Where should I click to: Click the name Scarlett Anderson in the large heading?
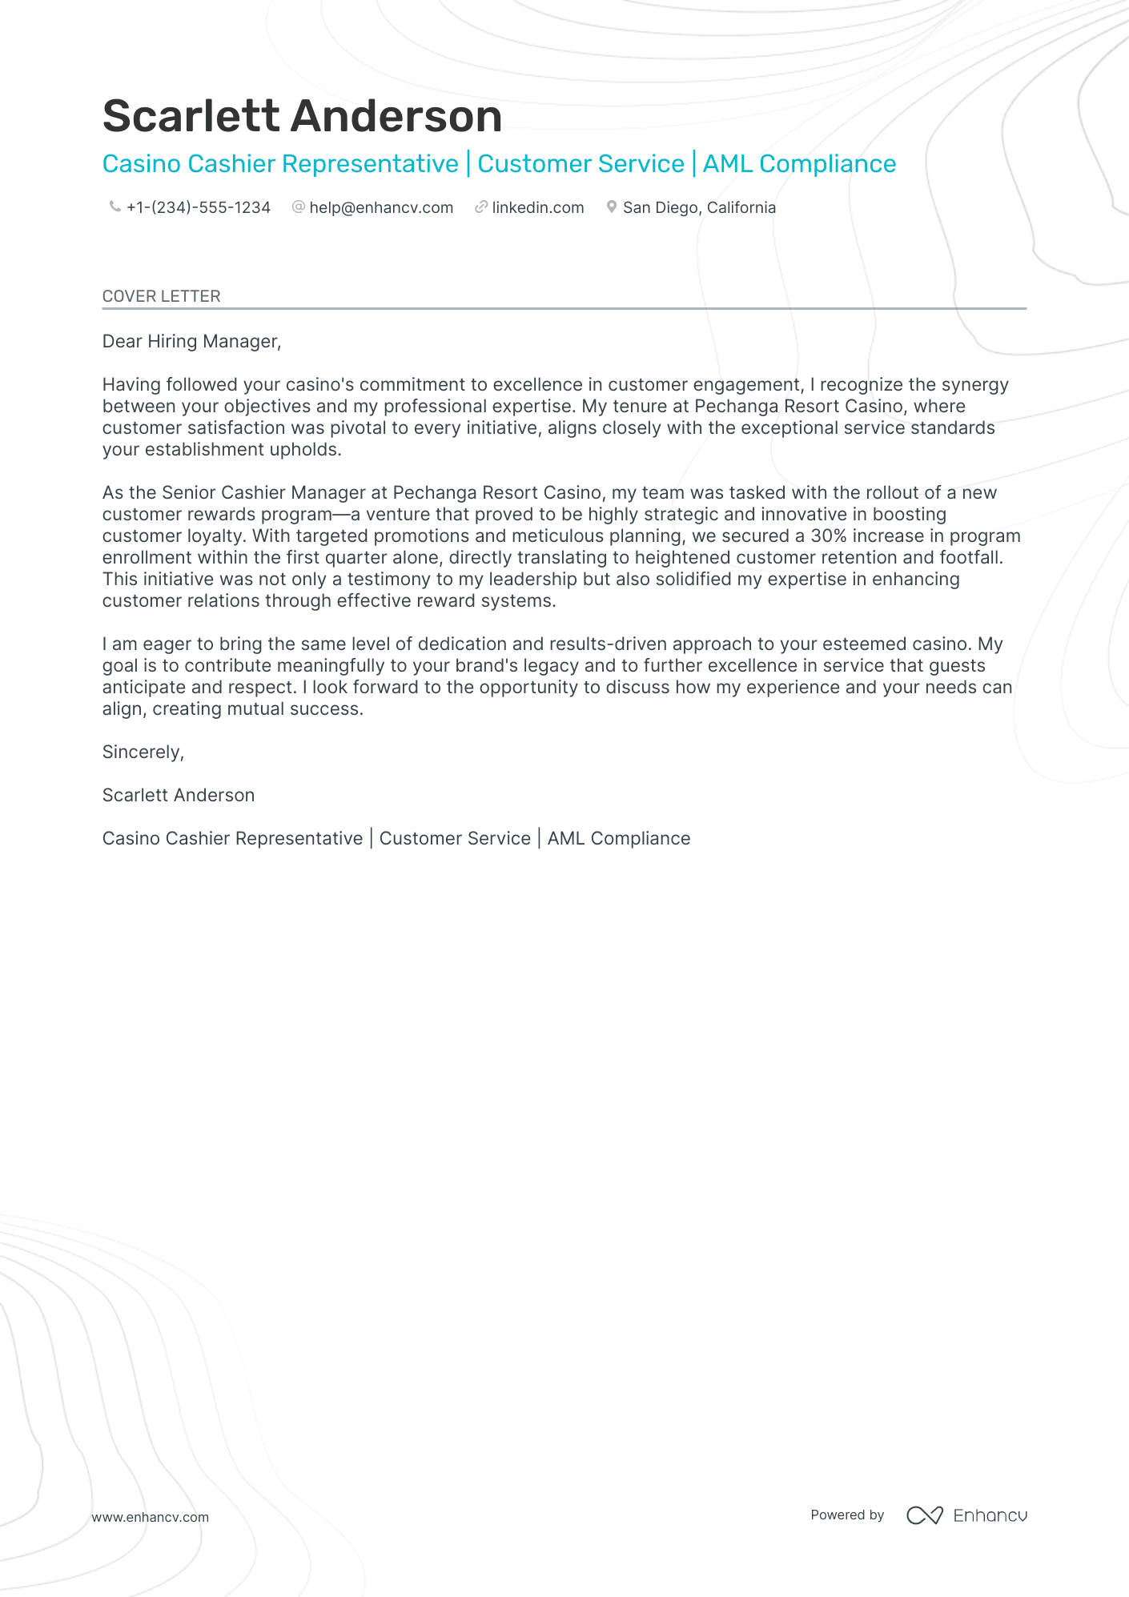(302, 116)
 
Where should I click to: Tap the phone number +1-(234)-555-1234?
(198, 207)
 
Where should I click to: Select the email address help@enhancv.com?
(381, 207)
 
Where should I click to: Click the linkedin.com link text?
(537, 207)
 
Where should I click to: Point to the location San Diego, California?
(699, 207)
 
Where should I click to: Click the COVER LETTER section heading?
(161, 296)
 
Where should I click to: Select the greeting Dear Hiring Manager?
(191, 342)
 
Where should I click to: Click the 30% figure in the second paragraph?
(828, 536)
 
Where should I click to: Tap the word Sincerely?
(143, 752)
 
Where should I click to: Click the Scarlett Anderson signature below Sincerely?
(179, 795)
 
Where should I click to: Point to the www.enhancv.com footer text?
(150, 1517)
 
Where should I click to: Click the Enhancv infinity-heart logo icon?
(924, 1515)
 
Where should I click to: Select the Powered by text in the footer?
(847, 1515)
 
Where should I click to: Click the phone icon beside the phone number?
(115, 207)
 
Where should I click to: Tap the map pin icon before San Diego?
(612, 207)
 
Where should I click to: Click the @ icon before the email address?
(299, 207)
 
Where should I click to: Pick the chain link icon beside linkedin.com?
(480, 207)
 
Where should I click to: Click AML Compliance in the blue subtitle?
(799, 164)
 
